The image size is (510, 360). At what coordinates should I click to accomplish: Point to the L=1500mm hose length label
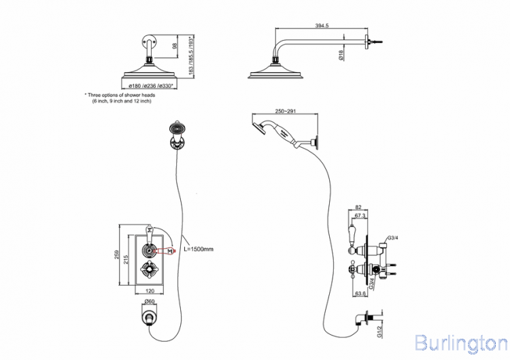(199, 250)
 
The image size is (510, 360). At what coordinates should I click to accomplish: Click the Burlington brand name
(460, 340)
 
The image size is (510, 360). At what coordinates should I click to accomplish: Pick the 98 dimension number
(175, 46)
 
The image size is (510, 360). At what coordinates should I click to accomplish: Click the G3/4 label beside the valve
(392, 238)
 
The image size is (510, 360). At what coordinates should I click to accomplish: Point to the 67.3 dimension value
(360, 216)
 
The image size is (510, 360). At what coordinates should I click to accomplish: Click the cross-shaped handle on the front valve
(147, 274)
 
